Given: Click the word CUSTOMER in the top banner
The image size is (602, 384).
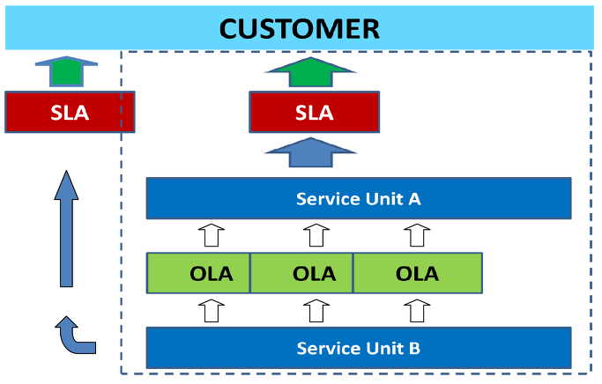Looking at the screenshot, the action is (x=300, y=29).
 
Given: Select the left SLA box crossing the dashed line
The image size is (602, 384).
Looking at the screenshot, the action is (x=70, y=112).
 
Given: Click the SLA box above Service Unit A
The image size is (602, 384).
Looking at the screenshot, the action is (x=315, y=112).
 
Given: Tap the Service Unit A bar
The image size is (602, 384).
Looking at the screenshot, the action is (x=359, y=198).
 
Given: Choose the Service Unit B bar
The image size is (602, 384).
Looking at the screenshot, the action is (x=359, y=348).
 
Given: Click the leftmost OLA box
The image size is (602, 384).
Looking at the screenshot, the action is (x=198, y=273).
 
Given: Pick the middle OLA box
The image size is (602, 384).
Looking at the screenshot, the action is (x=301, y=273).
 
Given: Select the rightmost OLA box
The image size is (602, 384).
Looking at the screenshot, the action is (x=418, y=273).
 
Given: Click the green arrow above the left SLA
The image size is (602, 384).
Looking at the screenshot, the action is (x=66, y=71).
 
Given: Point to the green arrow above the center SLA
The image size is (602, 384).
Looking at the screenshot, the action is (x=310, y=72).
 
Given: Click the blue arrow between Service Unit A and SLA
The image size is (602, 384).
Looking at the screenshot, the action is (x=310, y=152).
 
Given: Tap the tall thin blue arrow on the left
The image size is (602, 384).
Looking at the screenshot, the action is (x=66, y=229).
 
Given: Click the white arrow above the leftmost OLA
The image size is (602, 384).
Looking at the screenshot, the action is (x=212, y=235).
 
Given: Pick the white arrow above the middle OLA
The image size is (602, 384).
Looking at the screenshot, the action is (x=316, y=235).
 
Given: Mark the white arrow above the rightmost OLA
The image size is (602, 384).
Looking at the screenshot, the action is (x=417, y=235).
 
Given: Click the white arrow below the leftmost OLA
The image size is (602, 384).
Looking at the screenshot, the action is (x=212, y=310).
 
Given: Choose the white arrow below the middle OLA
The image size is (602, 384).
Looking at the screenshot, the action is (x=316, y=310).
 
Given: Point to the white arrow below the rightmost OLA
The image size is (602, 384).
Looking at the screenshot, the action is (x=417, y=310).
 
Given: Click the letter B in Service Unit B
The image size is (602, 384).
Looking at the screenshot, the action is (x=414, y=348).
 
